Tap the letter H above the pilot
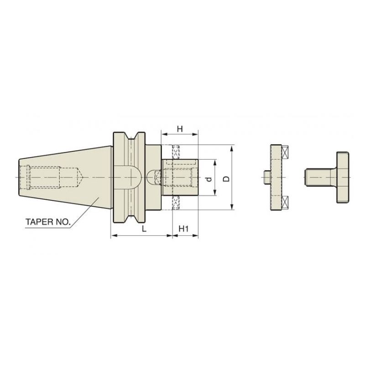pos(180,129)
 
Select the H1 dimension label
pos(184,229)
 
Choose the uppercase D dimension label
pos(225,178)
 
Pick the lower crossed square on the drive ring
pos(286,201)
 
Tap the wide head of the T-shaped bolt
pos(344,177)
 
